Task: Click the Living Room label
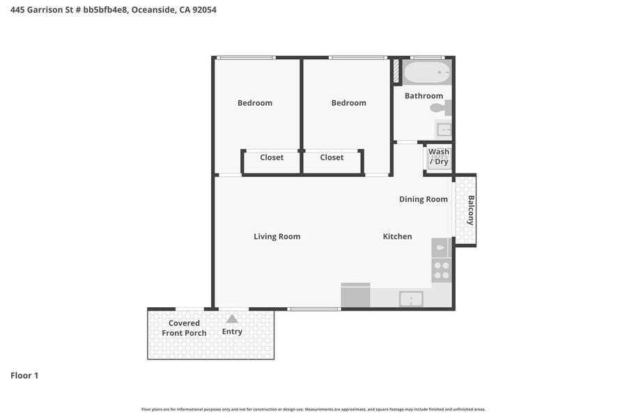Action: [277, 236]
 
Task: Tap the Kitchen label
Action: [397, 236]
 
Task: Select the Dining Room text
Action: [423, 199]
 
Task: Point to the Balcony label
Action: [471, 210]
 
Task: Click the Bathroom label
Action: [424, 96]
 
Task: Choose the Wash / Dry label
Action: [439, 157]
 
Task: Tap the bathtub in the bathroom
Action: [426, 72]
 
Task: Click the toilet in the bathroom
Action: [441, 107]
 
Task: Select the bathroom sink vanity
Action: [444, 130]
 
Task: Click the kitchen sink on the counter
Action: [411, 299]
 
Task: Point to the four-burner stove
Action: [442, 270]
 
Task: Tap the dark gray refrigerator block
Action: [355, 295]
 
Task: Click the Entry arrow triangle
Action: [232, 319]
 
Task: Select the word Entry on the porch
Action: [232, 332]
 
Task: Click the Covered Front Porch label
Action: [184, 328]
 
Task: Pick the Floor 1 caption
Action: [24, 376]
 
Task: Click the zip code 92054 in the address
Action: [204, 10]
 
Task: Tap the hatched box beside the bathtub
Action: [396, 71]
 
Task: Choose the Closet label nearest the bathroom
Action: [332, 157]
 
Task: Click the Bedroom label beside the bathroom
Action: [349, 103]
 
